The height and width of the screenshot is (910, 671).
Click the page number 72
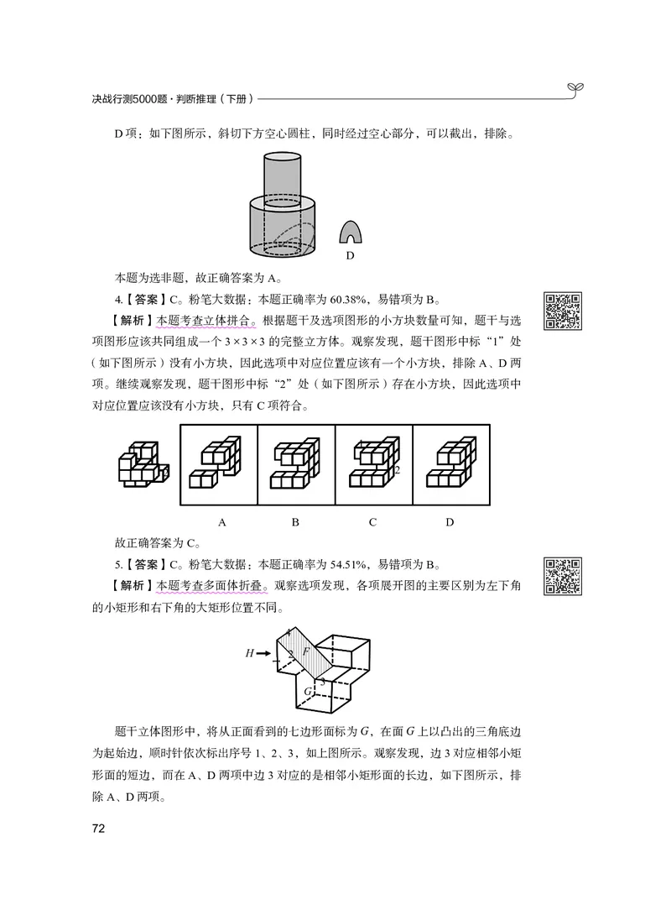[98, 829]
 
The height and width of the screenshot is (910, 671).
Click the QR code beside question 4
[564, 311]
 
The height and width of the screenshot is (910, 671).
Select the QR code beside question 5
[564, 576]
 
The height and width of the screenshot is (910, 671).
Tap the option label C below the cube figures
[373, 522]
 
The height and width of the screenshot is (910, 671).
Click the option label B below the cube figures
[295, 522]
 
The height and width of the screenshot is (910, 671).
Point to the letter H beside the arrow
[249, 652]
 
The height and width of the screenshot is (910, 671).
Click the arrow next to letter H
[263, 652]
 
